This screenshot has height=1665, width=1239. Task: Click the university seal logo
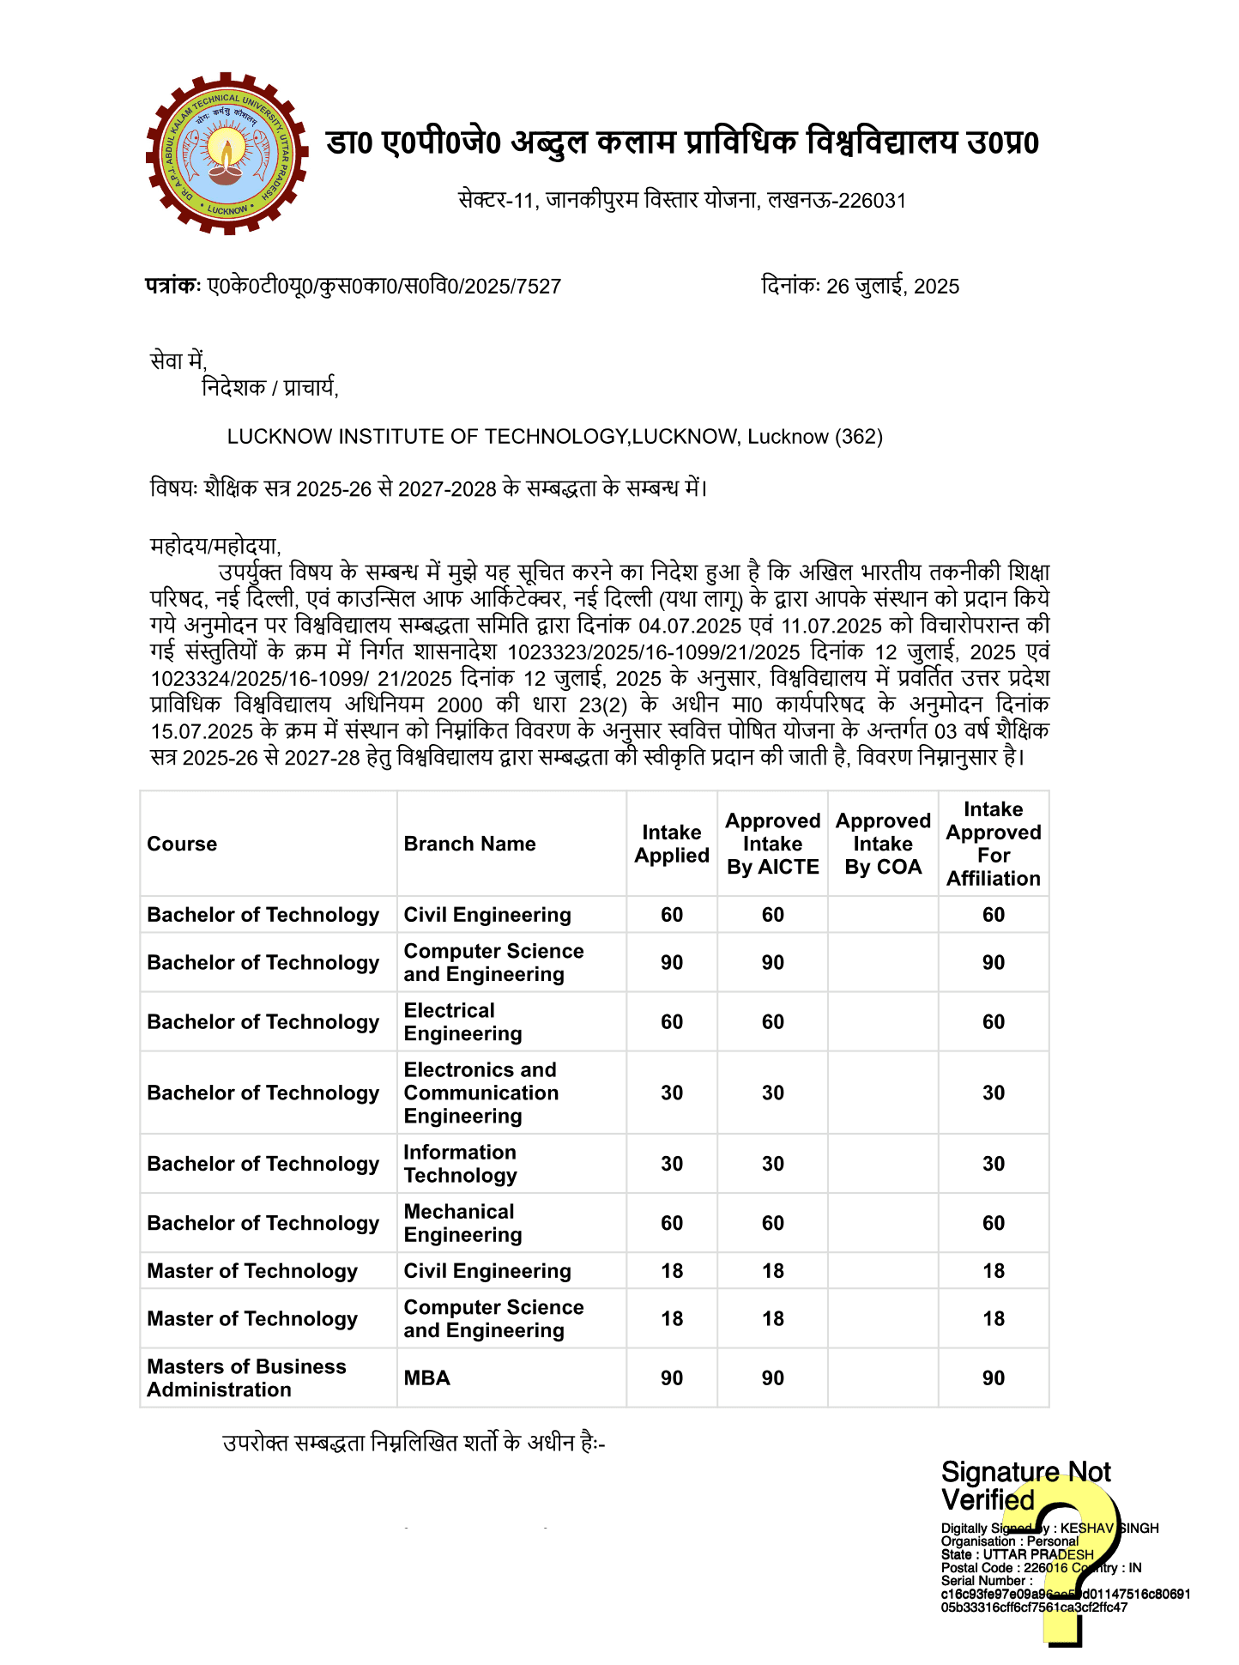pos(227,154)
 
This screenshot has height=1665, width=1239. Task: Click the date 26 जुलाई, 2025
pos(892,287)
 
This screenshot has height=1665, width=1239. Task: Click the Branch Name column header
pos(469,845)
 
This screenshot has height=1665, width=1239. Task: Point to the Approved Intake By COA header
pos(883,845)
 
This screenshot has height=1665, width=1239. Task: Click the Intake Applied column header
pos(672,845)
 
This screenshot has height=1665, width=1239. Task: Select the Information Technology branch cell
pos(461,1164)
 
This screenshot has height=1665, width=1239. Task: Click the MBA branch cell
pos(427,1378)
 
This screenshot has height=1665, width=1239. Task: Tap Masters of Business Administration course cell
pos(246,1378)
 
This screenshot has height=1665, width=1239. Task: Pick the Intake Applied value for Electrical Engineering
pos(672,1022)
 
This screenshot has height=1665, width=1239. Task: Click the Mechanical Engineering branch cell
pos(463,1223)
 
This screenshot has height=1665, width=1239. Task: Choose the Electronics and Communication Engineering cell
pos(480,1093)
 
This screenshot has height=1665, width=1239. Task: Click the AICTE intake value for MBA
pos(773,1378)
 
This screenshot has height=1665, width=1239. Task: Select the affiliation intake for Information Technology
pos(994,1164)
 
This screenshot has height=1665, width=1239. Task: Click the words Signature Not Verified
pos(1025,1486)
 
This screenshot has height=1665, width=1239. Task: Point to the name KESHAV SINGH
pos(1109,1529)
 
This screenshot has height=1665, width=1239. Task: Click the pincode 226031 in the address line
pos(872,201)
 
